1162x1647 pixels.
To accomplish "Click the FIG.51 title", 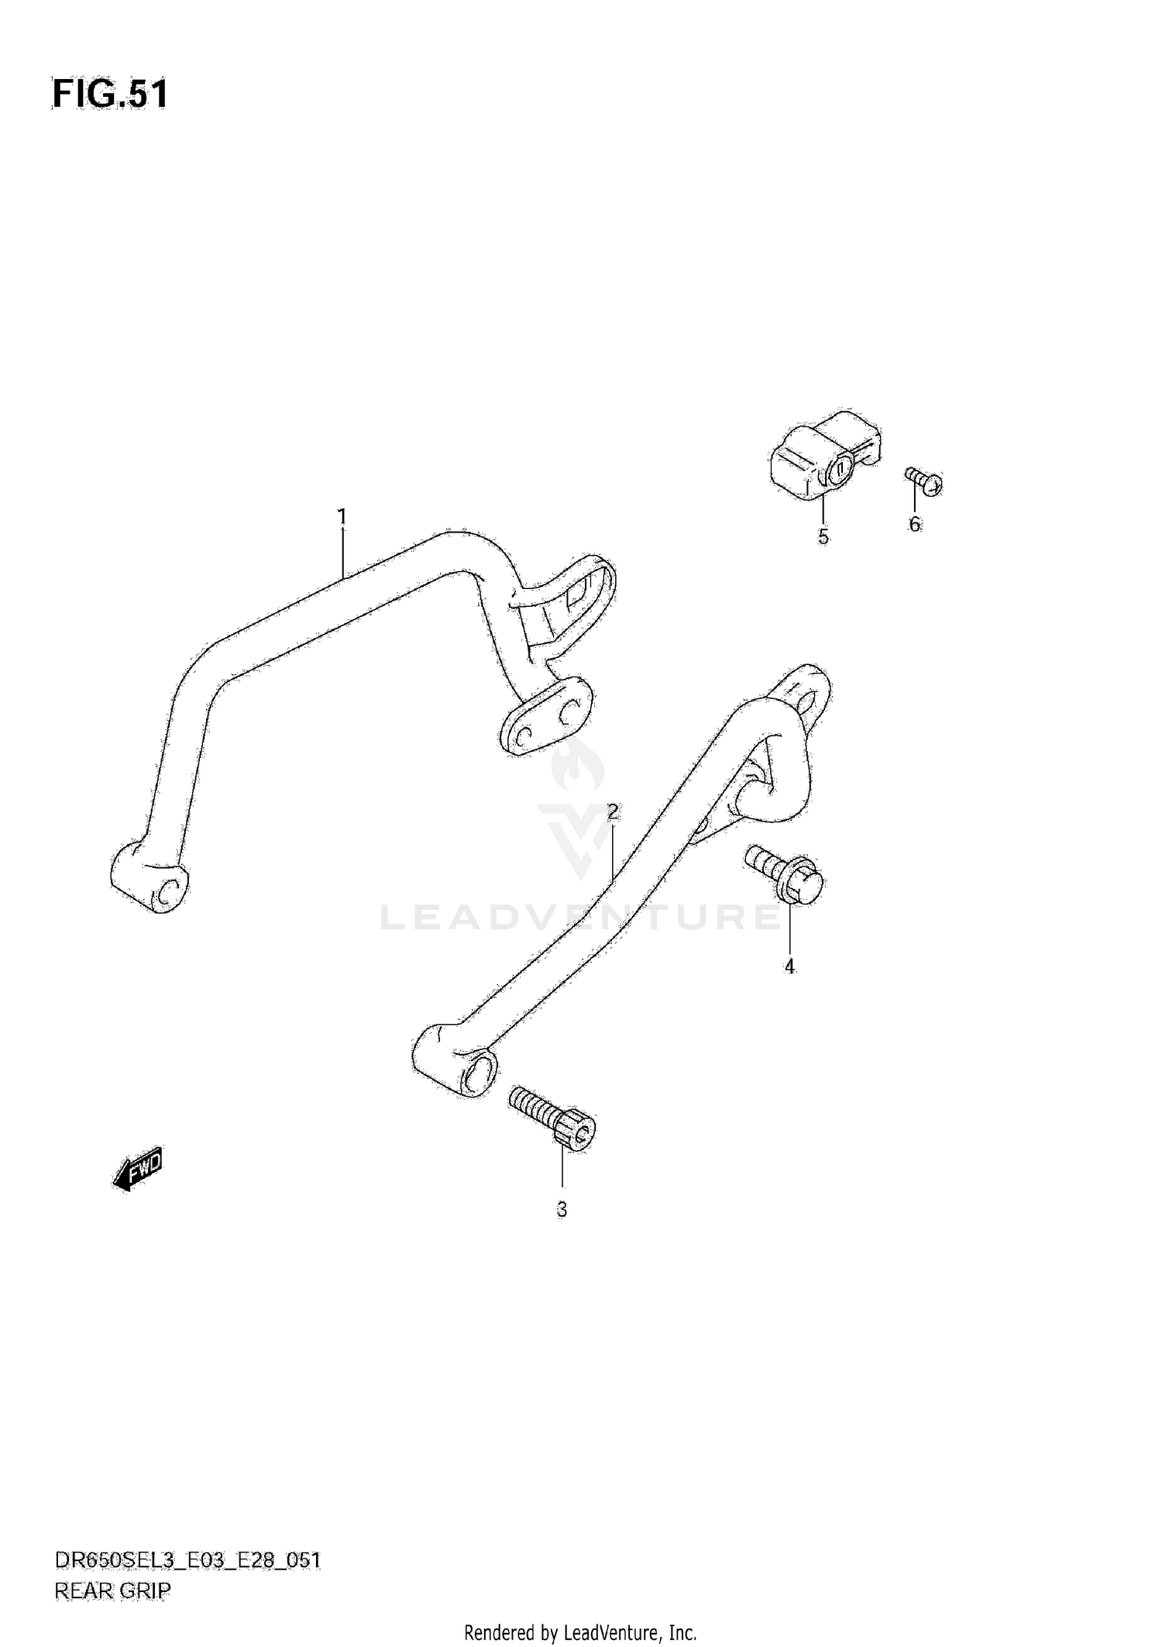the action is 110,95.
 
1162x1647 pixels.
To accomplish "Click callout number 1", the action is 342,516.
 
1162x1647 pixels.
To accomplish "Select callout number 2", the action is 612,812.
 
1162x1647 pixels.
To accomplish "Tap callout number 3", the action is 562,1209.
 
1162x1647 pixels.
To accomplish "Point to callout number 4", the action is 789,966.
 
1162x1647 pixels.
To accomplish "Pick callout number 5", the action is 823,536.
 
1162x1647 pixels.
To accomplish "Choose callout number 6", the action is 914,525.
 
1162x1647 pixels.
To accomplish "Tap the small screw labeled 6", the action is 924,481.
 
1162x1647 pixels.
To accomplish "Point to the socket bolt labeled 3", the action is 553,1115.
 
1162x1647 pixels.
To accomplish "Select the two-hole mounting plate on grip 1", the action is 546,716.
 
